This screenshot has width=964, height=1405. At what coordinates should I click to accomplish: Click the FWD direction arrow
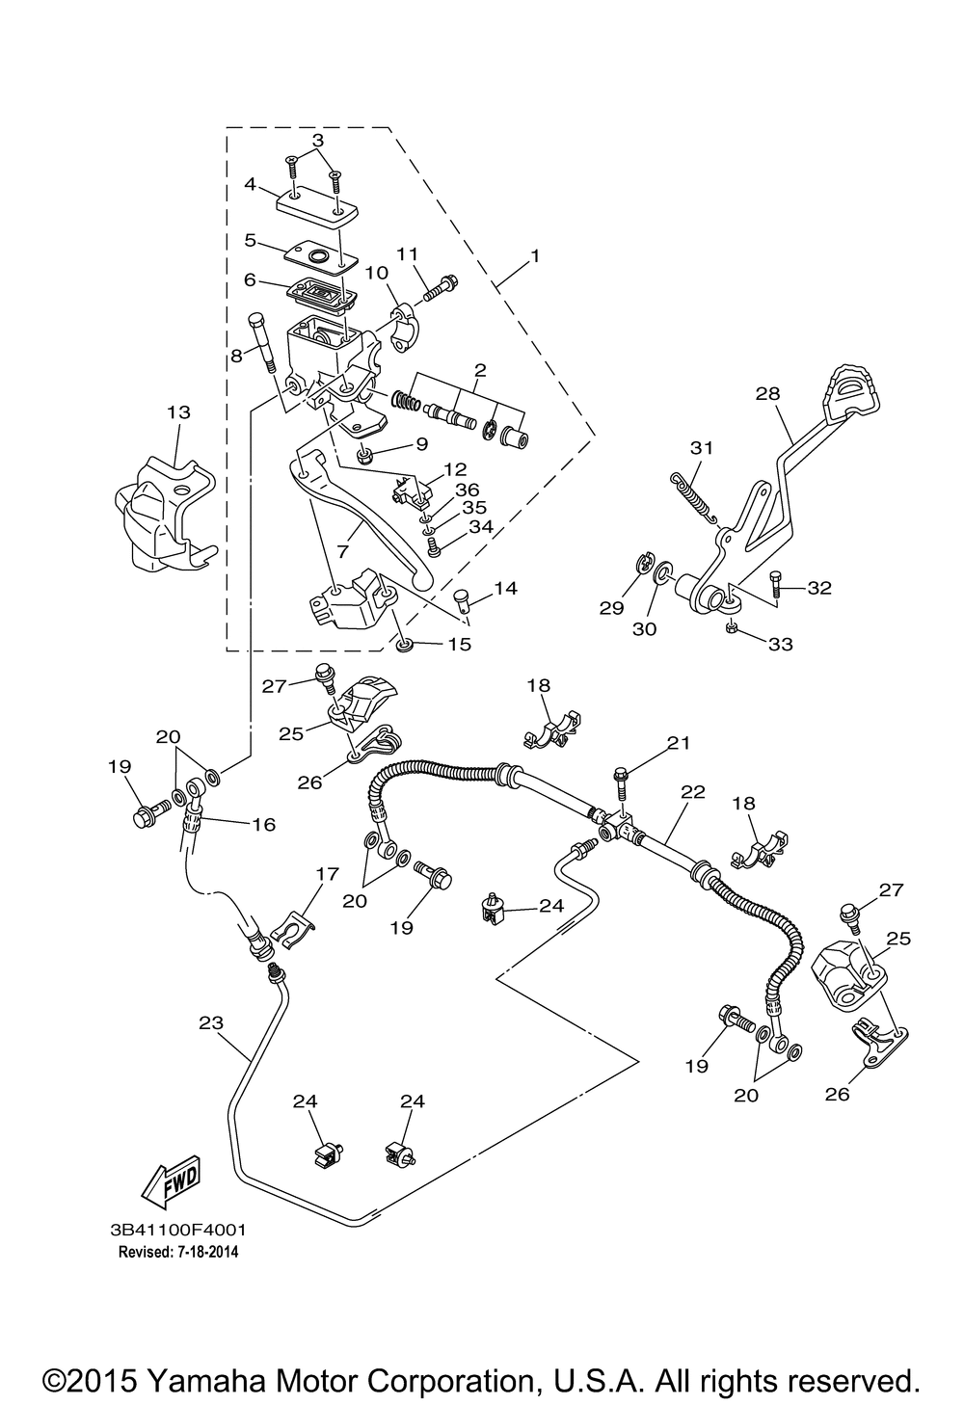click(171, 1180)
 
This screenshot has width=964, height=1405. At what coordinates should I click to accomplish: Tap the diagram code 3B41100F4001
click(179, 1229)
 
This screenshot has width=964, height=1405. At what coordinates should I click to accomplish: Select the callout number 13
click(178, 412)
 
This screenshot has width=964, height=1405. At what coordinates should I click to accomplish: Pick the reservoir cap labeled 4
click(317, 204)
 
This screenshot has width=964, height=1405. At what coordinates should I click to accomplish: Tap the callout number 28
click(767, 393)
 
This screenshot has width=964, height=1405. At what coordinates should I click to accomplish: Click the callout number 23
click(211, 1023)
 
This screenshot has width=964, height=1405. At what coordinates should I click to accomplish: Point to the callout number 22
click(693, 791)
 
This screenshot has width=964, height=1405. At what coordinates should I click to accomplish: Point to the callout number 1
click(534, 256)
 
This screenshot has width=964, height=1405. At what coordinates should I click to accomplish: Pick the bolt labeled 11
click(440, 288)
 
